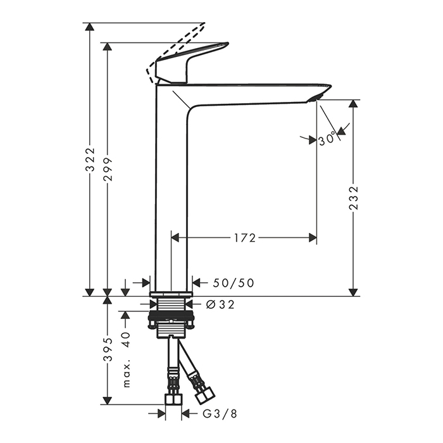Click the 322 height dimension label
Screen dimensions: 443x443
point(90,159)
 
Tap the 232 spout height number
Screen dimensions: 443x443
point(353,197)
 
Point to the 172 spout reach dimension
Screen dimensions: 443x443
point(245,238)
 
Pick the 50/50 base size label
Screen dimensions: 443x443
point(234,283)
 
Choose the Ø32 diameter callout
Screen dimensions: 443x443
point(221,304)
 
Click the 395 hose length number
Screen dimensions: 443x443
point(108,350)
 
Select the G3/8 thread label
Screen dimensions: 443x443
point(220,414)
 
